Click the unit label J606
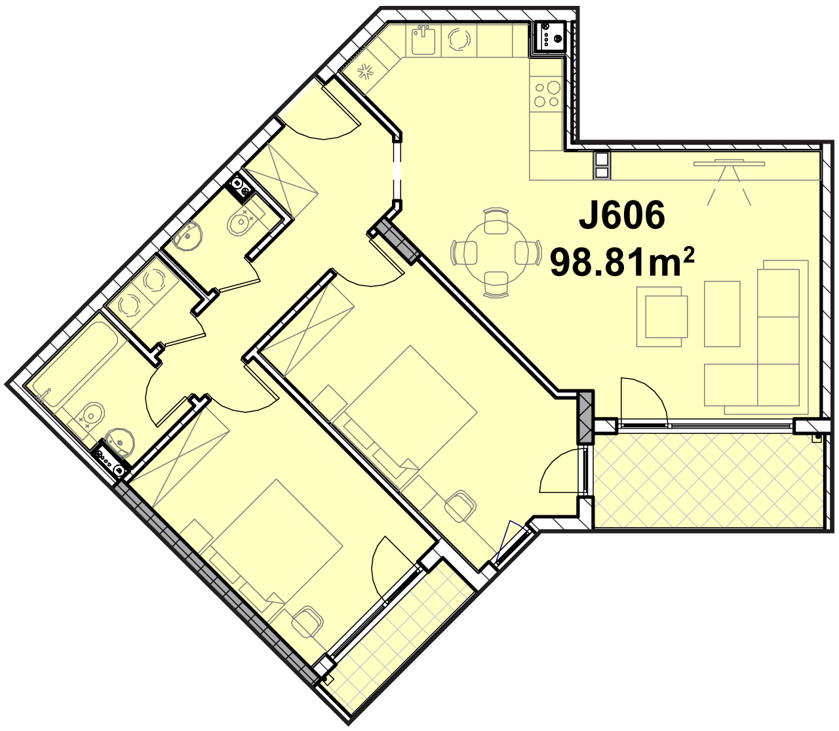pyautogui.click(x=621, y=215)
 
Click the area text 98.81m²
pyautogui.click(x=621, y=262)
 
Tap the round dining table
pyautogui.click(x=496, y=252)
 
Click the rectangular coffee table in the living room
pyautogui.click(x=722, y=314)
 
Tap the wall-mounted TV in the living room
pyautogui.click(x=730, y=164)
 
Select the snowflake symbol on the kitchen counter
pyautogui.click(x=364, y=73)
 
